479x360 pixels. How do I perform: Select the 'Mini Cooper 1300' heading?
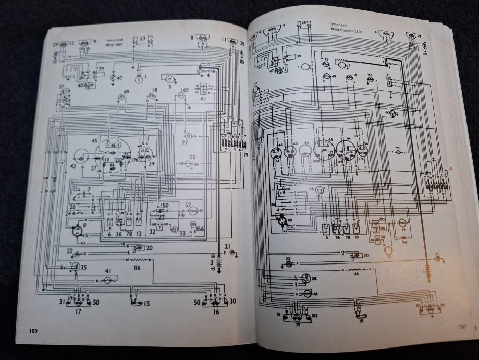coord(346,30)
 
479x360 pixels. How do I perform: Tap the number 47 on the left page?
coord(120,78)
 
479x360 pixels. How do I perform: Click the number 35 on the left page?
coord(83,268)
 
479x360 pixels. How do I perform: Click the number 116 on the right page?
coord(357,273)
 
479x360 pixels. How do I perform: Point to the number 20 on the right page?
coord(366,255)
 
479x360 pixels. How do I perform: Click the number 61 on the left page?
coord(203,97)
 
